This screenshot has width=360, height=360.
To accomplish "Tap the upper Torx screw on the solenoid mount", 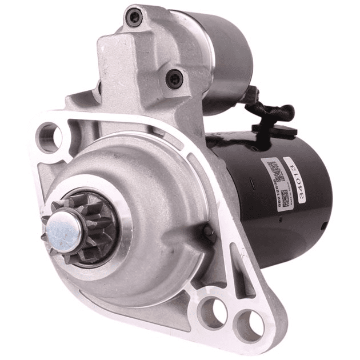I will click(135, 17).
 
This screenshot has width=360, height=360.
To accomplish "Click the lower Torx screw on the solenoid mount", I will click(174, 78).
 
